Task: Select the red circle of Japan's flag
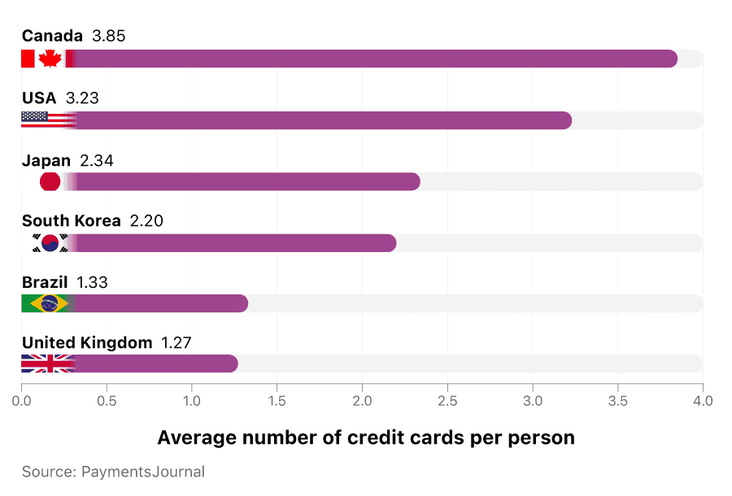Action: point(50,182)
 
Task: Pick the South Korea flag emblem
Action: point(50,243)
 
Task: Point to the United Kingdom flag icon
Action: point(48,364)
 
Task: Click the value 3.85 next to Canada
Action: point(109,36)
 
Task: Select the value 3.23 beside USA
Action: point(82,98)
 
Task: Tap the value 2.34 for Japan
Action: point(97,160)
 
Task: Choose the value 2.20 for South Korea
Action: point(146,221)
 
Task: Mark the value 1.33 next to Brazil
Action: point(92,282)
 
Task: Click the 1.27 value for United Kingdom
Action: point(176,343)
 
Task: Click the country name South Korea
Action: point(71,221)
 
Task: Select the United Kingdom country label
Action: point(87,343)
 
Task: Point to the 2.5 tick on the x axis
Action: point(447,401)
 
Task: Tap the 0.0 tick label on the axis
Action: point(22,401)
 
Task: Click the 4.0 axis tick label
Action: point(703,401)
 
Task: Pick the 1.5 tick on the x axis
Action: point(277,401)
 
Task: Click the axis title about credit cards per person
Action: point(366,437)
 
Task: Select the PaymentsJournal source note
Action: point(113,472)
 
